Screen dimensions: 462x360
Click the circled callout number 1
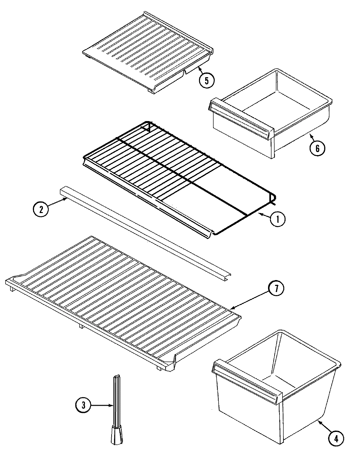278,220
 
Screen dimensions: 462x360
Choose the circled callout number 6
317,148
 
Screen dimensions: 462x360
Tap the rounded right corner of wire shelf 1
272,198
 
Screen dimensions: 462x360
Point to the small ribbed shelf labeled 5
147,49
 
